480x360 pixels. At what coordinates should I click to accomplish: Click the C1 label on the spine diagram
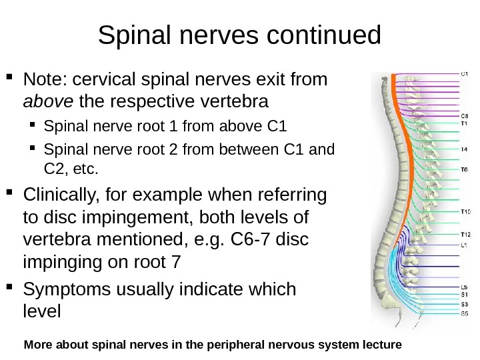[x=464, y=75]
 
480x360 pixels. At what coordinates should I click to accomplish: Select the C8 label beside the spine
[x=464, y=115]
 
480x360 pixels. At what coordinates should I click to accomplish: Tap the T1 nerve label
[x=464, y=123]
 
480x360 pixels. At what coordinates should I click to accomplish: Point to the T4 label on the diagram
[x=464, y=149]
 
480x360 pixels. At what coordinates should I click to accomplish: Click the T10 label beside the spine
[x=465, y=212]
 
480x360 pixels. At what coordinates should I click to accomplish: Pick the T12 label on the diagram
[x=465, y=235]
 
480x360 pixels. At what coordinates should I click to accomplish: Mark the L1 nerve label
[x=464, y=245]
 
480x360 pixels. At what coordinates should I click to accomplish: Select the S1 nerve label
[x=464, y=295]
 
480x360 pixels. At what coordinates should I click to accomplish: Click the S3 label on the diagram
[x=464, y=304]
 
